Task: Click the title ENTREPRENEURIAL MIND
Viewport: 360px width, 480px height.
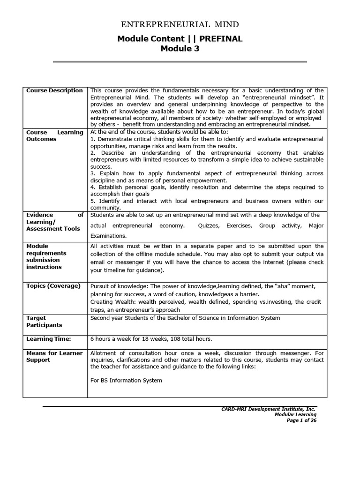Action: coord(180,24)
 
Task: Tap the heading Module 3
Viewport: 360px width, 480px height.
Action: coord(180,48)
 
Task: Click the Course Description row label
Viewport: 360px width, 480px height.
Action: coord(54,90)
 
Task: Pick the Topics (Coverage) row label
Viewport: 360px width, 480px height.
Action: coord(53,286)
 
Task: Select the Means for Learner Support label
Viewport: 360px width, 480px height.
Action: coord(54,356)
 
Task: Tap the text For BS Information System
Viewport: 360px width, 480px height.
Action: coord(126,380)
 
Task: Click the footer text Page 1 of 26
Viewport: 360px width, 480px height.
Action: coord(301,420)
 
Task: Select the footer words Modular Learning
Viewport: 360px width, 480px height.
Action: coord(295,414)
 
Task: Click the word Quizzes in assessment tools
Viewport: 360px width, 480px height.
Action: coord(209,225)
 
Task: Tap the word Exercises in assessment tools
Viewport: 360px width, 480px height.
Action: coord(239,225)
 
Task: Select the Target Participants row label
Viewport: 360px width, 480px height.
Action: coord(44,321)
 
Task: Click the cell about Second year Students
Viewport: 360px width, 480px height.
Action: coord(185,318)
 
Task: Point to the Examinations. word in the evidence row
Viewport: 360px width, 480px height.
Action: coord(108,236)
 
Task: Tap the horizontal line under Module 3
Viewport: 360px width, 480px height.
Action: coord(180,62)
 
